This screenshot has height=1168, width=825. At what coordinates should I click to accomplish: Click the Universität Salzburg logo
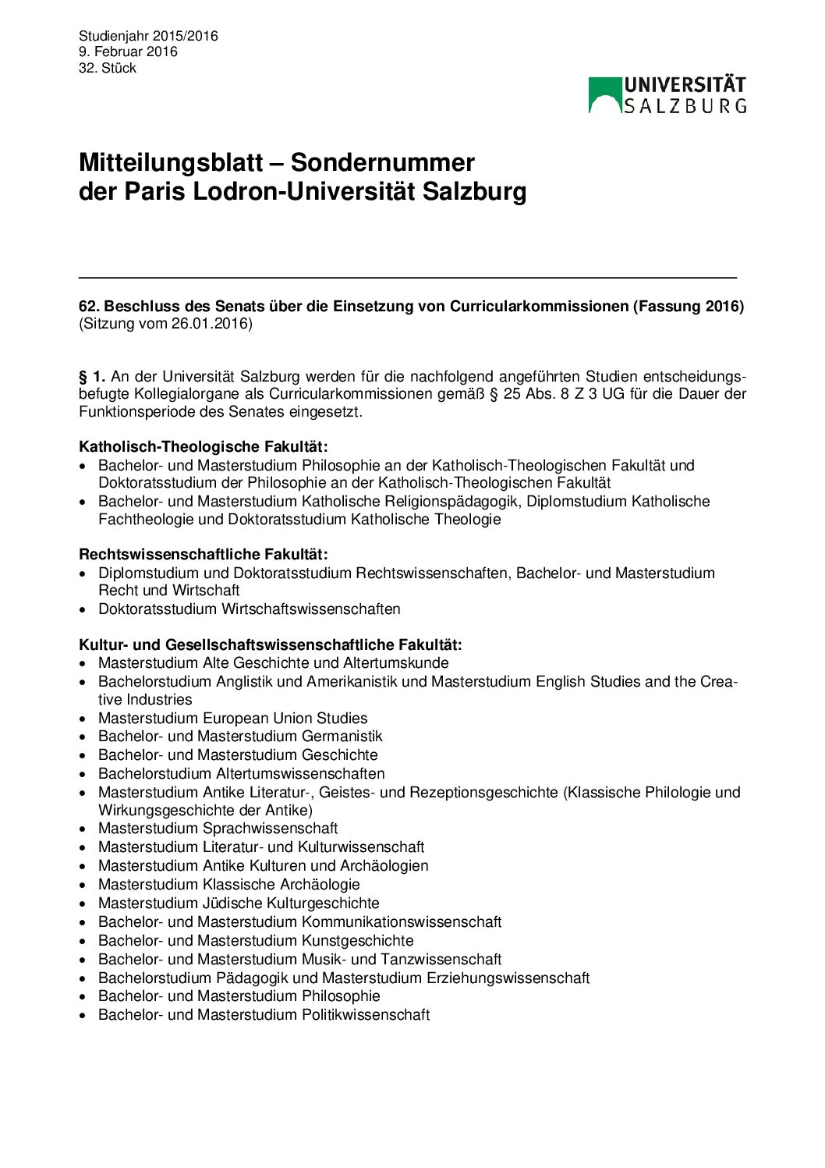click(667, 95)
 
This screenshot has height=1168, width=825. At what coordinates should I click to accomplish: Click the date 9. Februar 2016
click(128, 51)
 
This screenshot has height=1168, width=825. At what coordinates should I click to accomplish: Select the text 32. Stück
click(108, 68)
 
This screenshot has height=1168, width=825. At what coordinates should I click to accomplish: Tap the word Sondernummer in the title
click(382, 162)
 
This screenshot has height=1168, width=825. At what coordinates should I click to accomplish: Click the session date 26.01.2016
click(209, 324)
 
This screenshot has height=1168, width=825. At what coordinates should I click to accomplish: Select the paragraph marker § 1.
click(92, 376)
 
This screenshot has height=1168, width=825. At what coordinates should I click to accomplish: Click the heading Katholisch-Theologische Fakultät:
click(204, 446)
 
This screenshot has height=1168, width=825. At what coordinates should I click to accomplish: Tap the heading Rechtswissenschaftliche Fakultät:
click(204, 554)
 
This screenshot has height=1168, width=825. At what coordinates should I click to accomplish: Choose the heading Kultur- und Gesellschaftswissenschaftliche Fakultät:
click(271, 644)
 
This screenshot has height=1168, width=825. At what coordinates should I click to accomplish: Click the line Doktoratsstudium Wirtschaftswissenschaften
click(250, 609)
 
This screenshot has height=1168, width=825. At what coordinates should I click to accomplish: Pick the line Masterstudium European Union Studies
click(233, 718)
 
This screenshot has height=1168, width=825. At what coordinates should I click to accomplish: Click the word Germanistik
click(342, 736)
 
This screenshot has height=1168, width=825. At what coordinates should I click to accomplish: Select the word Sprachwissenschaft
click(271, 828)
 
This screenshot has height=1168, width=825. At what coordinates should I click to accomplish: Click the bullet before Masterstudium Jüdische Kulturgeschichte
click(83, 904)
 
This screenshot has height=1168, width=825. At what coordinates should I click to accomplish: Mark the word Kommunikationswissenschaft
click(402, 921)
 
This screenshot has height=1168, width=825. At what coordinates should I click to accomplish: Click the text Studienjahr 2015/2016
click(148, 36)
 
